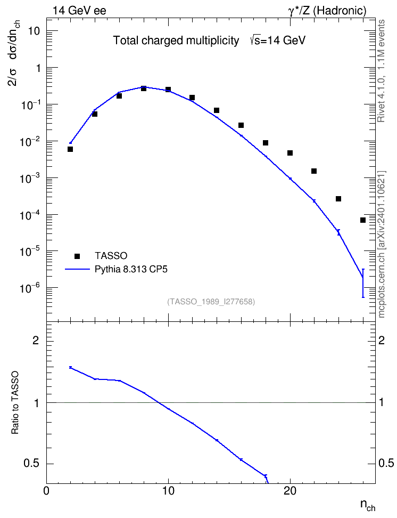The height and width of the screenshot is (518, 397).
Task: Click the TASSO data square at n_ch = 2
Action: point(70,149)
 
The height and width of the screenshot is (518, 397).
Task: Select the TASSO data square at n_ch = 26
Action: point(363,220)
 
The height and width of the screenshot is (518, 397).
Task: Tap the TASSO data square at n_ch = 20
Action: point(290,153)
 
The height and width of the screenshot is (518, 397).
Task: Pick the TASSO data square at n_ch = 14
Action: point(217,110)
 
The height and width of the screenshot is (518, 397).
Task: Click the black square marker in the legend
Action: point(77,256)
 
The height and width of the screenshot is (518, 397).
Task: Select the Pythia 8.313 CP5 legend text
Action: point(131,270)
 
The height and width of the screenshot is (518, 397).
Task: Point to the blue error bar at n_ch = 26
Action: point(363,283)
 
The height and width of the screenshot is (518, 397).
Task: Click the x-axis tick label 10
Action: point(168,491)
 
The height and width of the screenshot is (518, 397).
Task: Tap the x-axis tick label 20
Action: point(290,491)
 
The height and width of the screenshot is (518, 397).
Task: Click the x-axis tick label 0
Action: point(46,491)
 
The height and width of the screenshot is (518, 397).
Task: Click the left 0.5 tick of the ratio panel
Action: point(32,464)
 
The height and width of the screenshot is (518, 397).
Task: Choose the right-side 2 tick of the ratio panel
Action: point(382,341)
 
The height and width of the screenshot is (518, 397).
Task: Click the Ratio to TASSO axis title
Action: point(15,403)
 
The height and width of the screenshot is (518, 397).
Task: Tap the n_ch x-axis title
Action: point(368,506)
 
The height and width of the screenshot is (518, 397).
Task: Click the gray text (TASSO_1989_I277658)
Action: point(211,302)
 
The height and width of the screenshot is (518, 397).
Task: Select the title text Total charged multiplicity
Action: point(176,41)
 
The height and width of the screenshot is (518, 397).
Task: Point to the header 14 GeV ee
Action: point(79,11)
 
